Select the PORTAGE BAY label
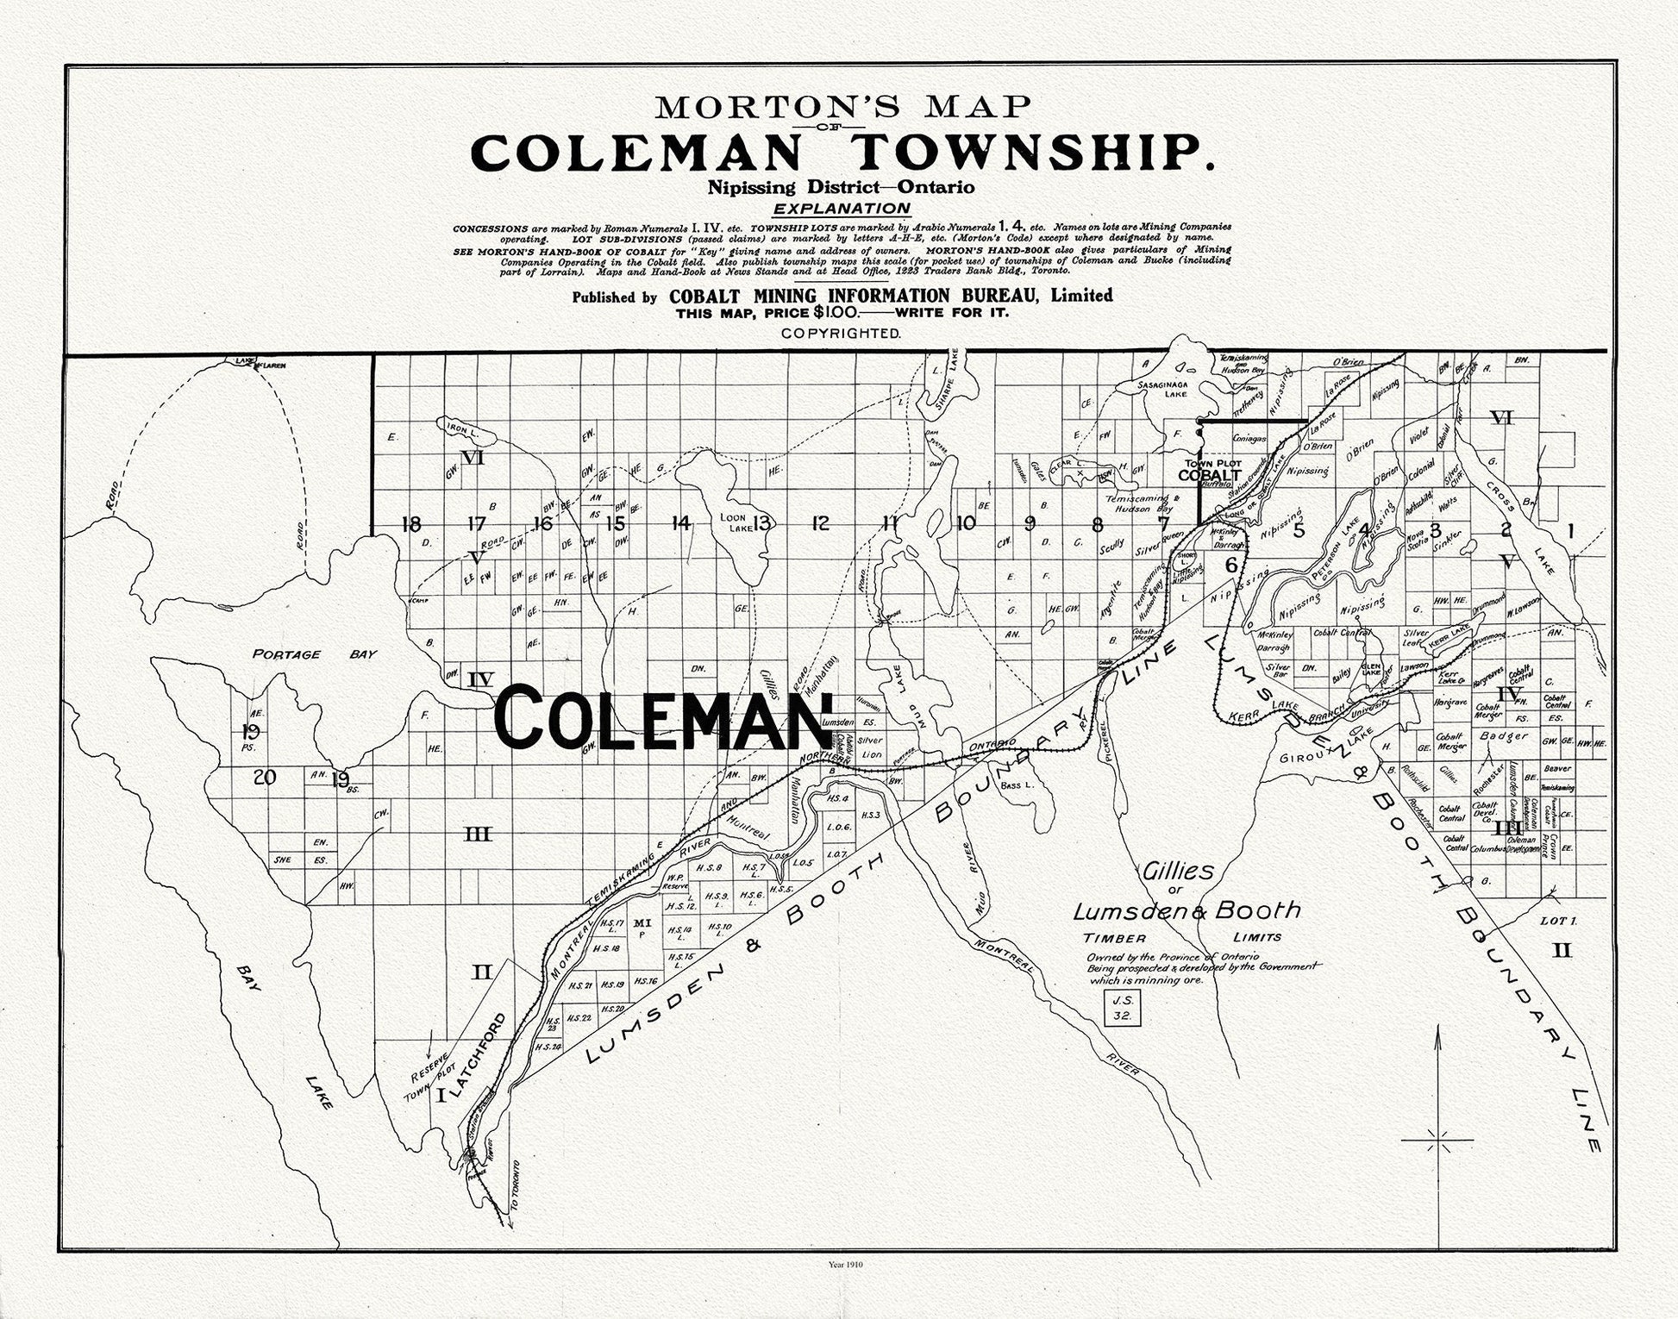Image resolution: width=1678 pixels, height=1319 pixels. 314,654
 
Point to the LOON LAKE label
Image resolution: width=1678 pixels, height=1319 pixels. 736,523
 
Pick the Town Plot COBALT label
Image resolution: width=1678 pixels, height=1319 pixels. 1209,470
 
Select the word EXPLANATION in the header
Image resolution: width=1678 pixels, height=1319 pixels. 841,209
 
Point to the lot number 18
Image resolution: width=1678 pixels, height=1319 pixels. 411,523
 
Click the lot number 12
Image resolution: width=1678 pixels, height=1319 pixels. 820,522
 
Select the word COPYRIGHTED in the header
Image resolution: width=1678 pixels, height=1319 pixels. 841,332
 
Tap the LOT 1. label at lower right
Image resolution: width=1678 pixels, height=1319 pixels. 1556,921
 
